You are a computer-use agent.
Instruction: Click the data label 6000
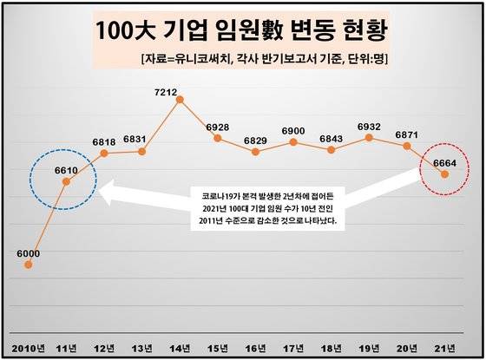click(28, 253)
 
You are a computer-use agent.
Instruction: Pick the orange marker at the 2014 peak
click(180, 99)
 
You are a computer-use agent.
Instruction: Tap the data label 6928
click(218, 127)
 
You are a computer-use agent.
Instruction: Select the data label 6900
click(293, 130)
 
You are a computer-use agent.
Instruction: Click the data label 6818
click(104, 142)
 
